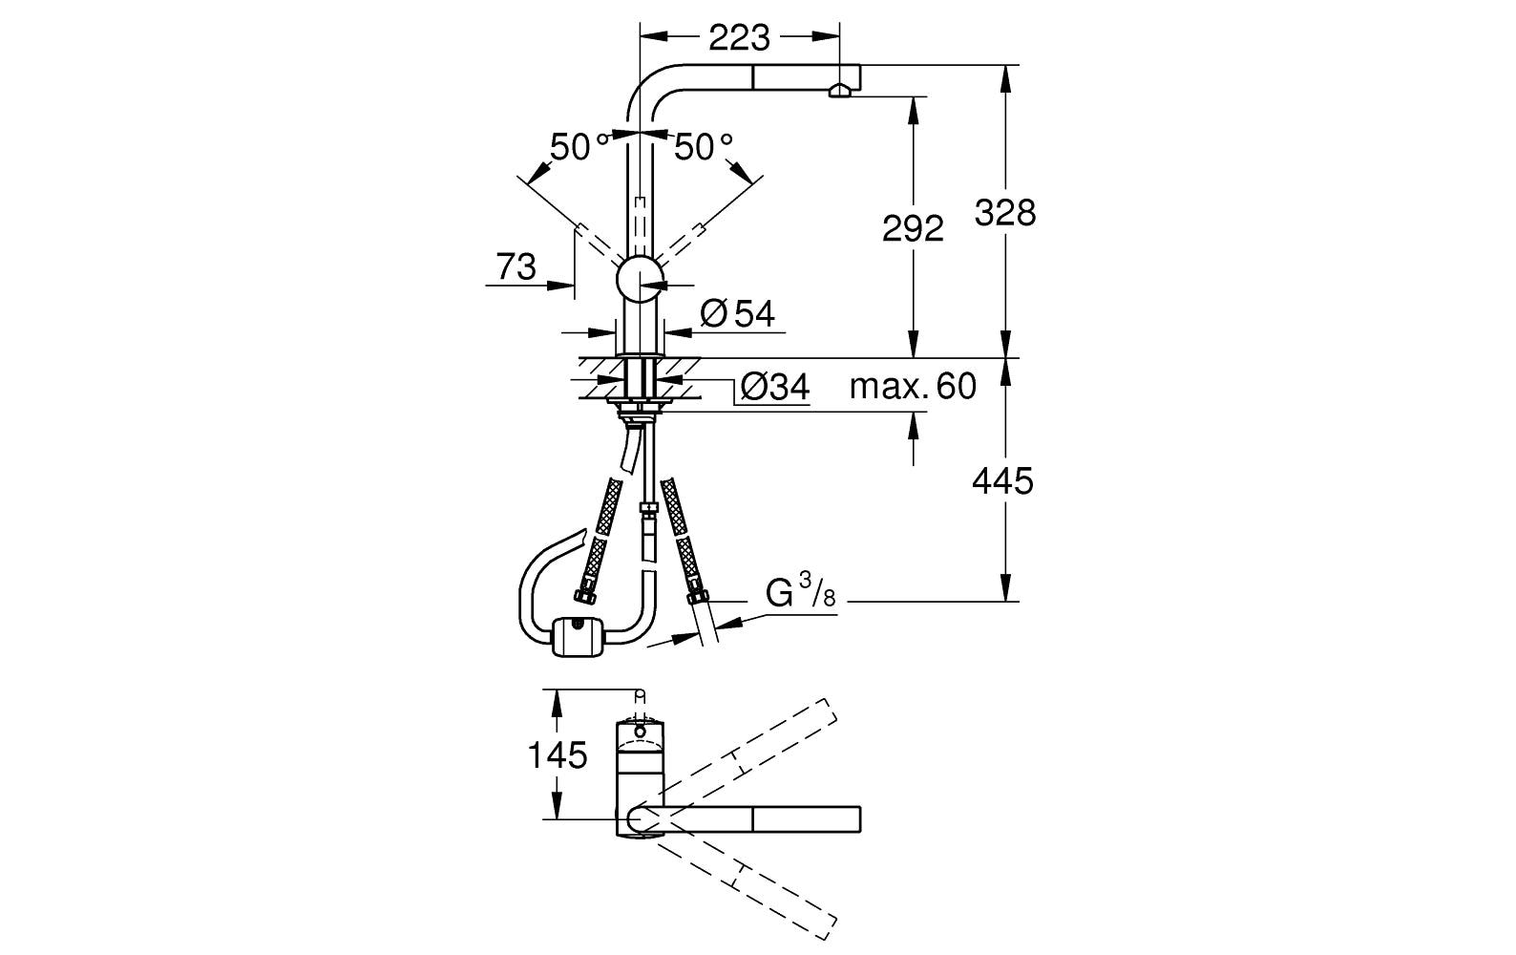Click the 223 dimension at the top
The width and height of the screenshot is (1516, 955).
pos(739,37)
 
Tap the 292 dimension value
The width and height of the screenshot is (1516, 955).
pos(912,228)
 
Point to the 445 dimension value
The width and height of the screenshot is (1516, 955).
pos(1002,481)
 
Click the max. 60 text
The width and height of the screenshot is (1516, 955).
pos(913,386)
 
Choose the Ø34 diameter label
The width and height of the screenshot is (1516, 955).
pos(774,387)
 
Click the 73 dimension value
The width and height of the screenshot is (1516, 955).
pos(516,266)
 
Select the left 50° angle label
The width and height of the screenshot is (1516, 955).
pos(579,146)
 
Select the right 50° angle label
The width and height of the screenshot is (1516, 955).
pos(704,146)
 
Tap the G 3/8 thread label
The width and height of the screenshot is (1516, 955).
pos(800,593)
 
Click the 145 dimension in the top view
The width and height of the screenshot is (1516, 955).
pos(558,755)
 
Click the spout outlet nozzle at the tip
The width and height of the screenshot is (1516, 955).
pos(840,90)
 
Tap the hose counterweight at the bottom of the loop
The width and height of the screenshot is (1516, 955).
pos(579,636)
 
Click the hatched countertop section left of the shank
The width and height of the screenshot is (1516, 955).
pos(598,377)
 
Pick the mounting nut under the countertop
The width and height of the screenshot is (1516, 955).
pos(640,411)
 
